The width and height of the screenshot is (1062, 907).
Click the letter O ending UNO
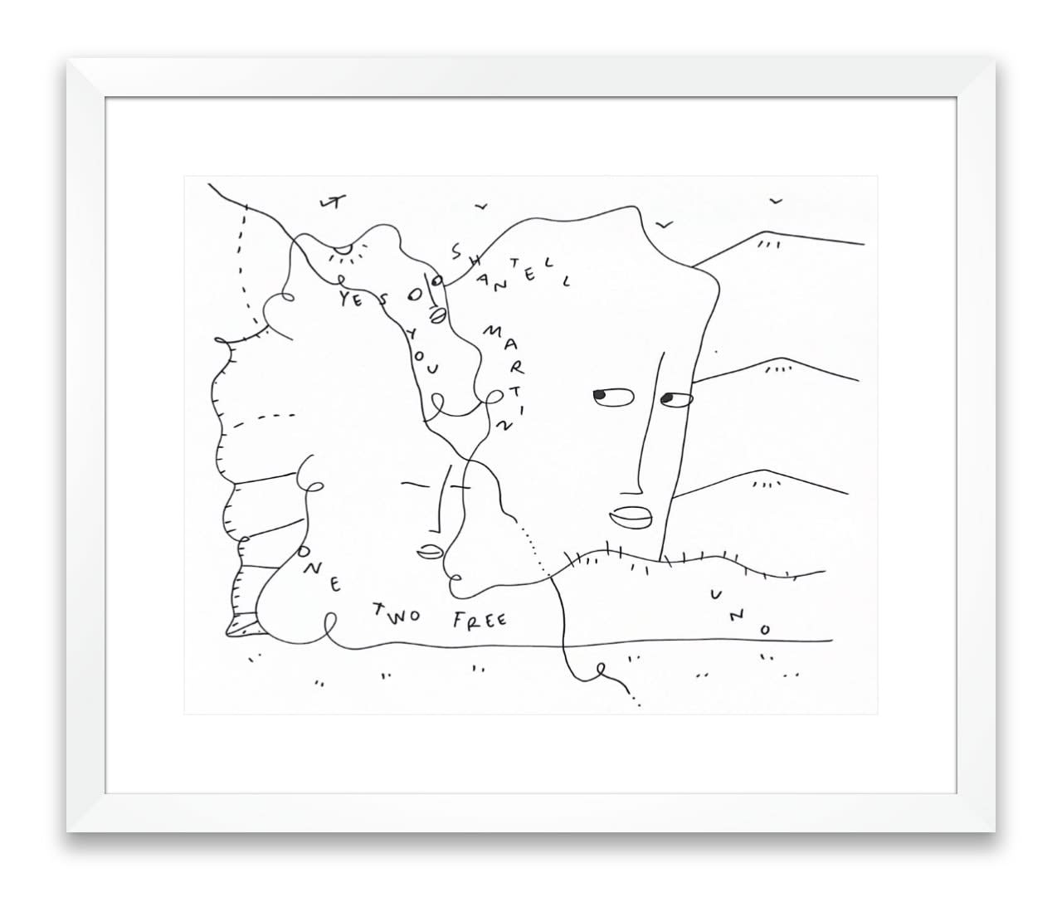[765, 629]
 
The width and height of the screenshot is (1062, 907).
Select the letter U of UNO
[715, 594]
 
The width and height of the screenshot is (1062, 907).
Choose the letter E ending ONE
[335, 586]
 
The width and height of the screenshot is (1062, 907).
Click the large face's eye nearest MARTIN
[605, 397]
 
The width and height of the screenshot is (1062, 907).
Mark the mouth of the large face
[630, 517]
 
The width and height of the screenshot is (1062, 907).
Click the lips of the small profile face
[427, 550]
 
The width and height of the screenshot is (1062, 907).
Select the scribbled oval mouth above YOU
[437, 315]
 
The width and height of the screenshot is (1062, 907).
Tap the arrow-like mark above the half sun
[331, 202]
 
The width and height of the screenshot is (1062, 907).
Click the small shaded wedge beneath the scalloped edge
[244, 624]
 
